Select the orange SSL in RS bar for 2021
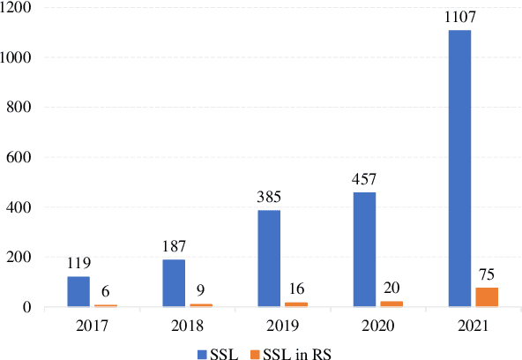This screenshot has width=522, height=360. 487,297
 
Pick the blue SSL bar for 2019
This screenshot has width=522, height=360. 270,259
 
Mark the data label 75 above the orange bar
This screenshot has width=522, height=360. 487,274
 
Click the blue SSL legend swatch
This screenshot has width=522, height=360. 202,350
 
